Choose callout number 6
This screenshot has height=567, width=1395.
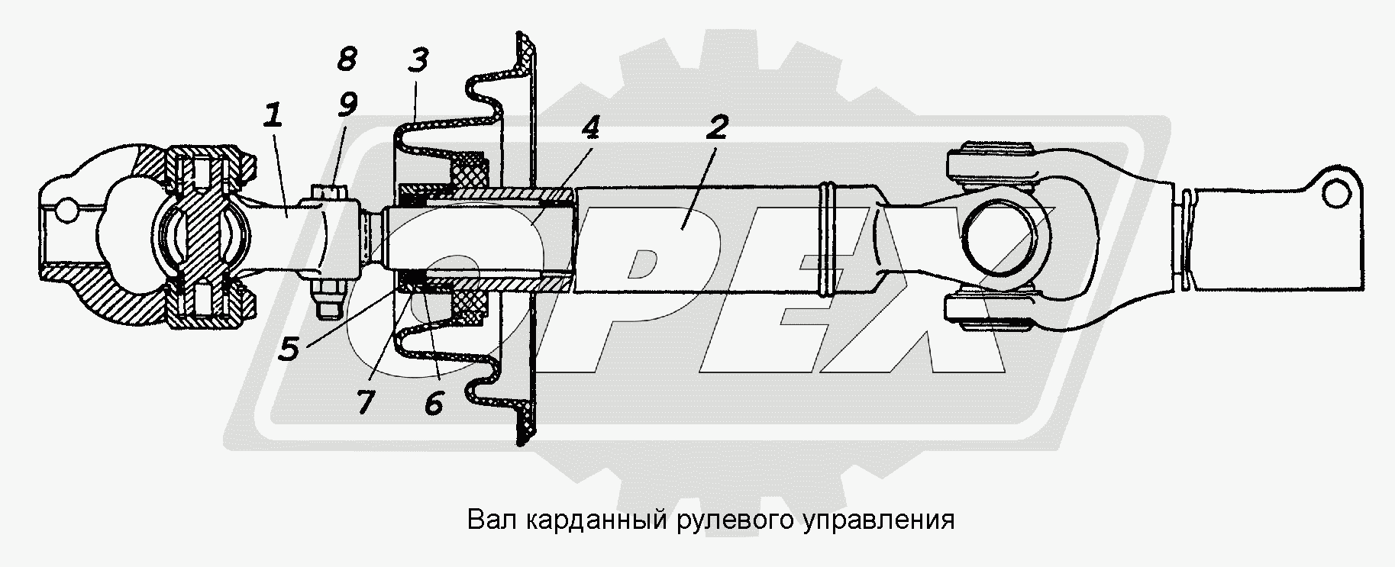pyautogui.click(x=433, y=402)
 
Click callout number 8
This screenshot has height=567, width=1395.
pyautogui.click(x=347, y=59)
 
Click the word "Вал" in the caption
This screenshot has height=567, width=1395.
pyautogui.click(x=486, y=520)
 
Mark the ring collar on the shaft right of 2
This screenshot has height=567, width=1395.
pyautogui.click(x=828, y=239)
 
